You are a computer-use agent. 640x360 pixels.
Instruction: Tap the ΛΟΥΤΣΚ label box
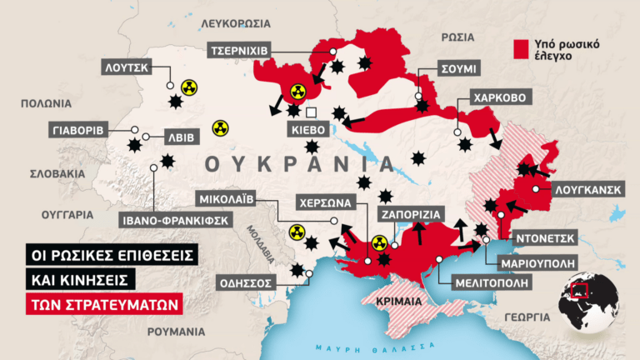pyautogui.click(x=127, y=67)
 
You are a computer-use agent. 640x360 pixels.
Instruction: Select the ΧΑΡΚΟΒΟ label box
pyautogui.click(x=499, y=97)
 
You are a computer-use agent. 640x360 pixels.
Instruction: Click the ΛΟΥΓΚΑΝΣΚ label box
pyautogui.click(x=587, y=189)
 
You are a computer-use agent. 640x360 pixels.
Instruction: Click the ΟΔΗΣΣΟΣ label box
pyautogui.click(x=246, y=282)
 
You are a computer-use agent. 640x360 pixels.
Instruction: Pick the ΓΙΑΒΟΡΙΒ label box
pyautogui.click(x=77, y=131)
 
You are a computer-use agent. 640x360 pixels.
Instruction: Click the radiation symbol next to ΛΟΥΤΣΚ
pyautogui.click(x=191, y=86)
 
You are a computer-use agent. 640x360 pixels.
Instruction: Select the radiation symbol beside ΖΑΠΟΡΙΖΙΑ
pyautogui.click(x=379, y=242)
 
